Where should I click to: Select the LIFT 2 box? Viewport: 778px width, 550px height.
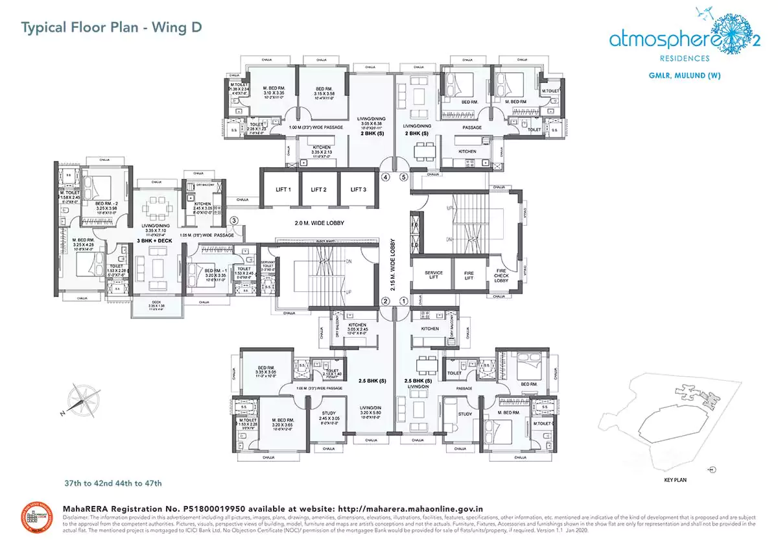pyautogui.click(x=318, y=189)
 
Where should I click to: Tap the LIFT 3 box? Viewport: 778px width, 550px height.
pyautogui.click(x=358, y=189)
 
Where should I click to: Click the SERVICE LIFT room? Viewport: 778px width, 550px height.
pyautogui.click(x=433, y=274)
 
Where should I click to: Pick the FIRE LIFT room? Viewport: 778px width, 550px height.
pyautogui.click(x=469, y=274)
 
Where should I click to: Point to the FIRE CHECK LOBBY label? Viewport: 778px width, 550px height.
pyautogui.click(x=502, y=275)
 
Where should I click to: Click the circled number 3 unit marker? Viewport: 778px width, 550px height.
pyautogui.click(x=234, y=221)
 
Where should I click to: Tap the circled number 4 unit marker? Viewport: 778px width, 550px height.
pyautogui.click(x=385, y=176)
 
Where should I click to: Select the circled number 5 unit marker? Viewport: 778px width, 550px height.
pyautogui.click(x=403, y=176)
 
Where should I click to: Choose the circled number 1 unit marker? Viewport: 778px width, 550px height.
pyautogui.click(x=403, y=301)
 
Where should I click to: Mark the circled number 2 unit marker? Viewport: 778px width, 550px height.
pyautogui.click(x=385, y=301)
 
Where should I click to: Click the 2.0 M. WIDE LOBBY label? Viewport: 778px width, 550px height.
pyautogui.click(x=318, y=223)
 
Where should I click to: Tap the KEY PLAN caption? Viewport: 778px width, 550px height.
pyautogui.click(x=675, y=481)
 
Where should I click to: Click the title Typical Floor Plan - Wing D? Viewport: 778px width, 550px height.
pyautogui.click(x=112, y=27)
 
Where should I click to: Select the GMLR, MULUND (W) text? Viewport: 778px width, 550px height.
pyautogui.click(x=685, y=75)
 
